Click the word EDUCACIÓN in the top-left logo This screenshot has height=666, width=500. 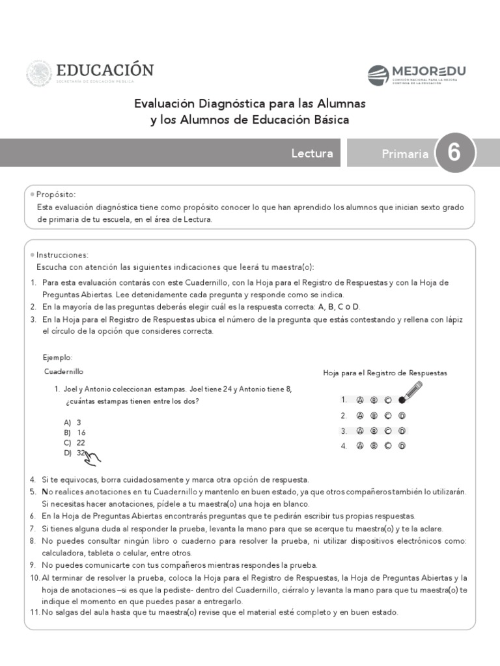click(x=105, y=70)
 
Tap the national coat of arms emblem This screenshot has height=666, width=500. click(x=39, y=73)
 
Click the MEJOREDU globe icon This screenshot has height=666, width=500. click(x=378, y=75)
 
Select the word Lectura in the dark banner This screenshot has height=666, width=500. click(x=312, y=153)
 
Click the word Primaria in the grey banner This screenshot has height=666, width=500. click(x=405, y=154)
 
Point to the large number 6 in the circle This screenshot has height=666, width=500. click(x=454, y=153)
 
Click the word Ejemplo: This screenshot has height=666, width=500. click(x=58, y=358)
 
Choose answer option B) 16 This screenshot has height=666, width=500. click(x=75, y=433)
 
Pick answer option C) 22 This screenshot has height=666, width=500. click(x=75, y=442)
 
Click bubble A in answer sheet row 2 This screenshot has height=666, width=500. click(x=360, y=416)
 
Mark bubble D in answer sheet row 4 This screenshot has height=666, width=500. click(x=402, y=446)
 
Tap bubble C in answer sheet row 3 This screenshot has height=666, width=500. click(x=388, y=431)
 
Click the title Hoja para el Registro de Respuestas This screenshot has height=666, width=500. click(x=385, y=373)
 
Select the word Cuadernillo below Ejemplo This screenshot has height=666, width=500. click(x=64, y=372)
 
